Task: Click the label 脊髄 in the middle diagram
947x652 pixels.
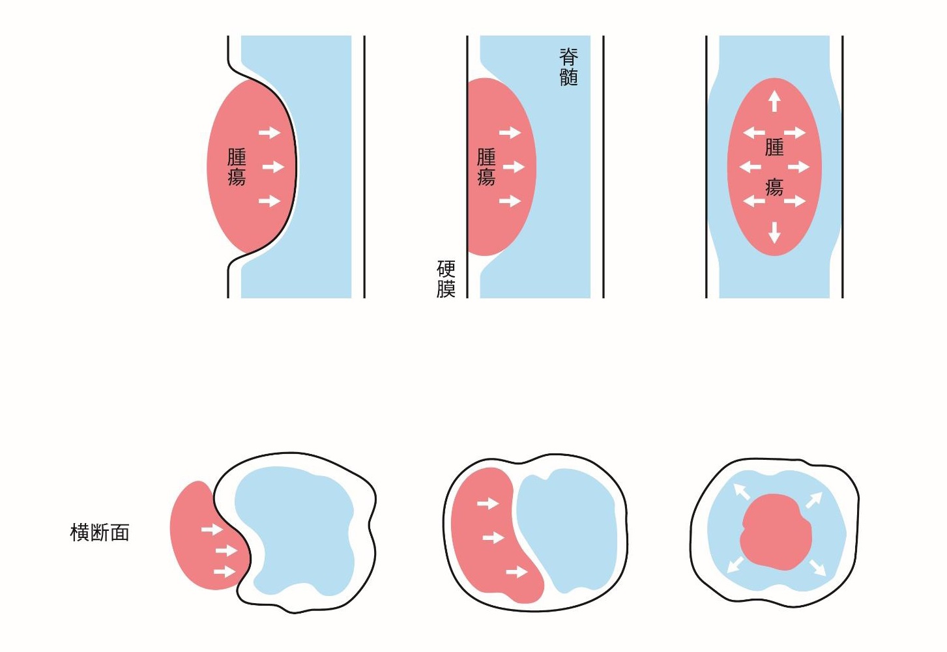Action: (568, 67)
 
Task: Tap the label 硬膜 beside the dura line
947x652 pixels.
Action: (446, 279)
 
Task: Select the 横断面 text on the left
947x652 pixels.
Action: (100, 533)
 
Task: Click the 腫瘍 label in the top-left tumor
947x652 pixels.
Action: (237, 167)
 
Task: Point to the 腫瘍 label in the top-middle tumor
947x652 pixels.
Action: (486, 167)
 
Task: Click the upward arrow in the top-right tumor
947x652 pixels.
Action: (774, 101)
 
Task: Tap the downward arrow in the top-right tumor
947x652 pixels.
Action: (774, 233)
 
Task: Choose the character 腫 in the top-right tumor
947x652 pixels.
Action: (774, 147)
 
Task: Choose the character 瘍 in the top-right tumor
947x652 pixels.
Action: (774, 188)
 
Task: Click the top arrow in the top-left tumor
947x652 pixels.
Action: (269, 133)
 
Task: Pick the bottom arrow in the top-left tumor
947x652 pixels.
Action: (269, 201)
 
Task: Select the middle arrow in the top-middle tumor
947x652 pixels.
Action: (514, 167)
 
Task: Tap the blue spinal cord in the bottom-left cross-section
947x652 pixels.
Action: (300, 528)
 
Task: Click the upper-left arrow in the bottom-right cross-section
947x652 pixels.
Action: (742, 491)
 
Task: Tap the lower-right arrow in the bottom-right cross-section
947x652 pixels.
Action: (817, 567)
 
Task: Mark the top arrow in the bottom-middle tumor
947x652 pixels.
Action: (488, 503)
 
